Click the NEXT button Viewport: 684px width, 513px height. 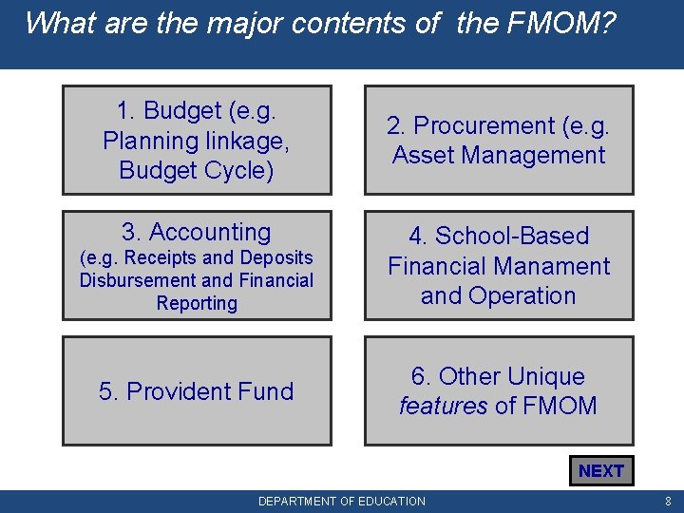coord(600,471)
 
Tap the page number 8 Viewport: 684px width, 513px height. coord(669,501)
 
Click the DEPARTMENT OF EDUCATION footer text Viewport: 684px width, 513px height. coord(342,501)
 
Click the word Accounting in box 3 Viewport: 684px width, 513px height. coord(210,232)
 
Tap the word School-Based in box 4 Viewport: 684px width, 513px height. coord(512,236)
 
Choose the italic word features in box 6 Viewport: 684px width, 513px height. coord(443,407)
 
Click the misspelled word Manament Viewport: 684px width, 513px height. coord(552,266)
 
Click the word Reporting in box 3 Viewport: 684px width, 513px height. coord(197,303)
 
